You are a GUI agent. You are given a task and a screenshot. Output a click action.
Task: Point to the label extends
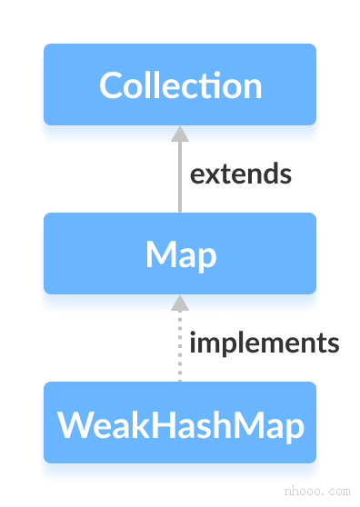point(241,174)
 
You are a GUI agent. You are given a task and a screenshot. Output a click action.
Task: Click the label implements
point(264,343)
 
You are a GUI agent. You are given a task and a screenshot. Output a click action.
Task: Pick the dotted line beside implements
point(180,350)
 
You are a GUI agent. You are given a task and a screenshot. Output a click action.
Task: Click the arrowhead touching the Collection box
point(180,134)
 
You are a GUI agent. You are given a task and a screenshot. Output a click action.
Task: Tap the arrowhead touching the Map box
point(180,303)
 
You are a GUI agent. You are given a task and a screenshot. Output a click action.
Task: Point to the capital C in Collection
point(111,85)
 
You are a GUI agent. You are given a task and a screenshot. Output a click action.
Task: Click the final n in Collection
point(252,87)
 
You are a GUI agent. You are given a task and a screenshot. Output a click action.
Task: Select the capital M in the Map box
point(159,254)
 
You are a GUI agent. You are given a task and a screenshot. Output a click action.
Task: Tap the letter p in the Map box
point(207,258)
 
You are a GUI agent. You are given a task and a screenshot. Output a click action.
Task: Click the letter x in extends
point(211,175)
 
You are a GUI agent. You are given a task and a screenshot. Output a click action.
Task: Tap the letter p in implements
point(222,346)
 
